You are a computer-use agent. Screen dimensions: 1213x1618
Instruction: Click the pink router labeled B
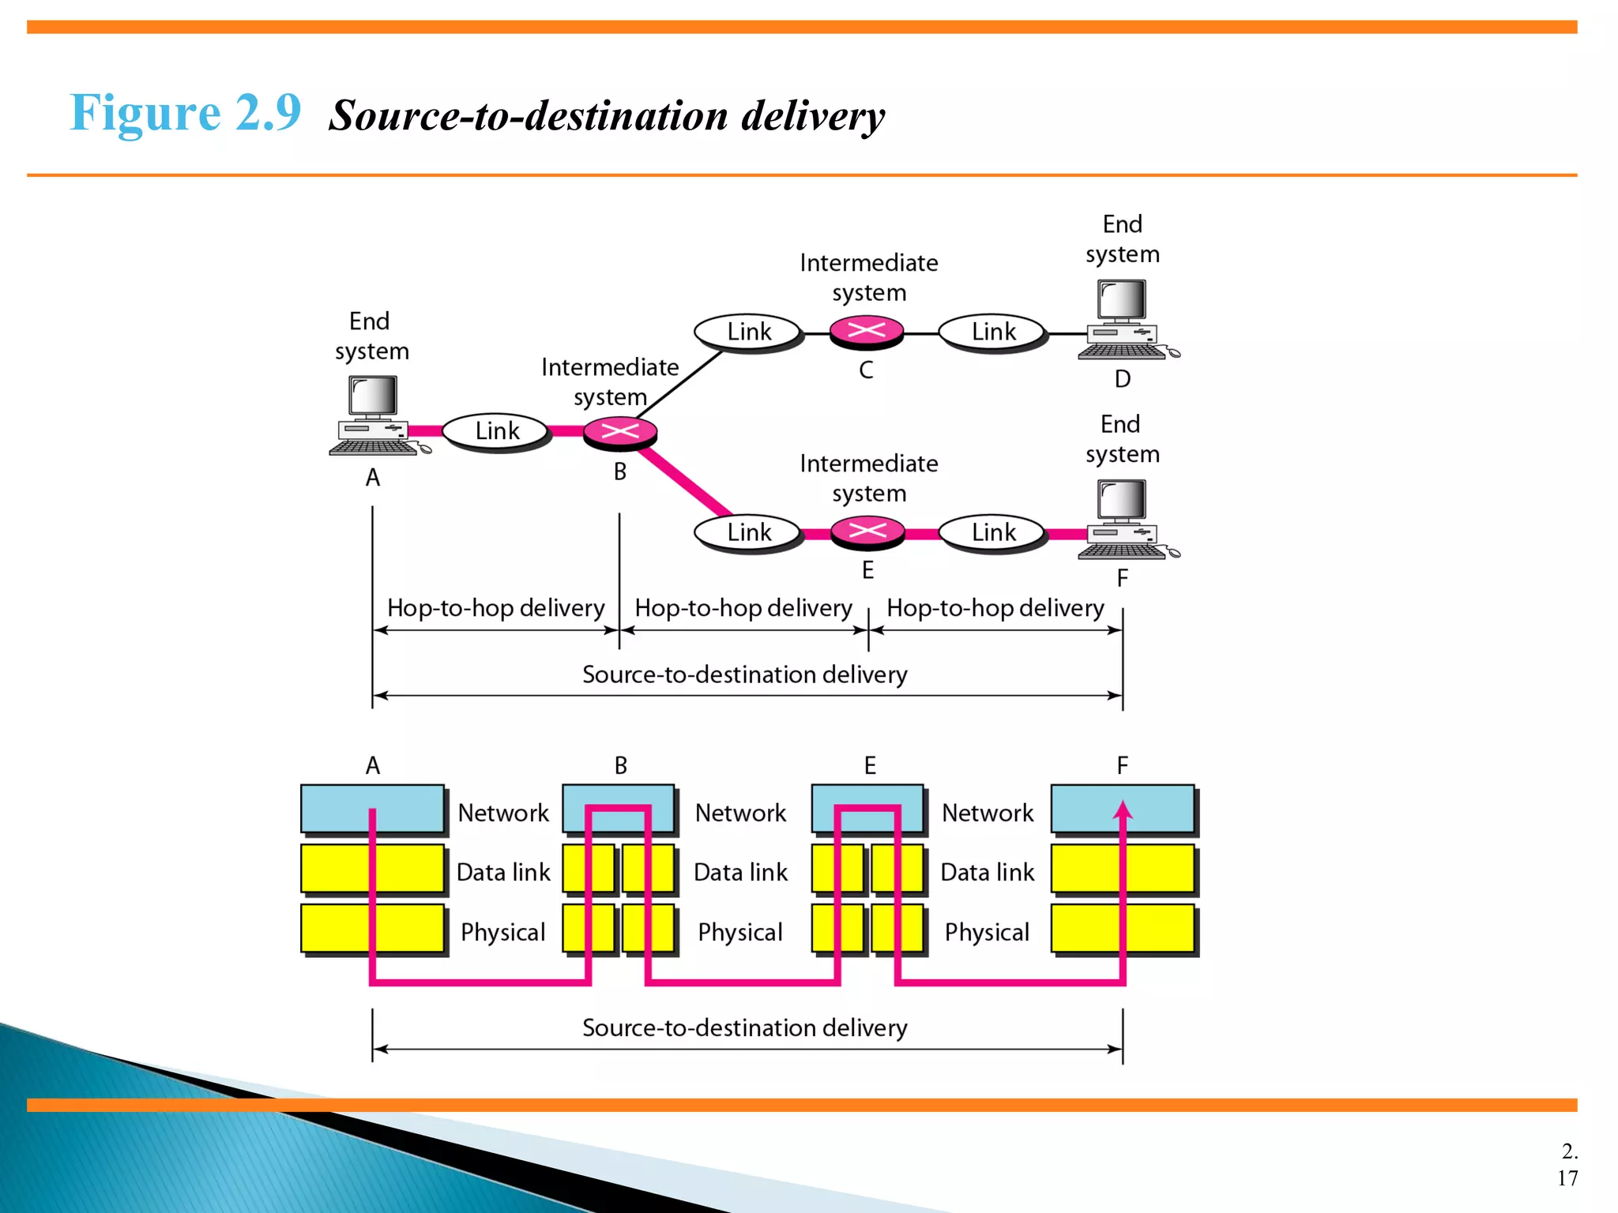point(620,432)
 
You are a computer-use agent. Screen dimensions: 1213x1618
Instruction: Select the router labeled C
point(867,332)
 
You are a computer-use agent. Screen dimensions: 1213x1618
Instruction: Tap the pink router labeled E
point(867,531)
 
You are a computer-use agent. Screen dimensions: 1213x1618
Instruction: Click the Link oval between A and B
point(497,431)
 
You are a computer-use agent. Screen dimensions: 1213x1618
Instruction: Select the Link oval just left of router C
point(748,332)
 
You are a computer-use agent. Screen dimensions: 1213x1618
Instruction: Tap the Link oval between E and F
point(993,532)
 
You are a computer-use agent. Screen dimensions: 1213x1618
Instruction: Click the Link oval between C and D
point(993,332)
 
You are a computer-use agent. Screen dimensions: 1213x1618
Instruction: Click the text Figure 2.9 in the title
point(186,112)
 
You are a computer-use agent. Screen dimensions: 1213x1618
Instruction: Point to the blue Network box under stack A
point(372,809)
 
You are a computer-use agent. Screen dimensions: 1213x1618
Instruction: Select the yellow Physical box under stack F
point(1123,929)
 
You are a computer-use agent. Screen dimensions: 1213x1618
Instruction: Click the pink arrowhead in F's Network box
point(1123,810)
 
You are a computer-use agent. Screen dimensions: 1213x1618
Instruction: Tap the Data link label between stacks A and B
point(503,872)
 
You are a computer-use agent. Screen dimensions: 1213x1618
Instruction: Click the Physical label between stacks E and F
point(987,932)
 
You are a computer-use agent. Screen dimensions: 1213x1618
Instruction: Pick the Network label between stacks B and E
point(740,813)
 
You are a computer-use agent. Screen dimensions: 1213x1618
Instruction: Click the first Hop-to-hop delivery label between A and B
point(495,608)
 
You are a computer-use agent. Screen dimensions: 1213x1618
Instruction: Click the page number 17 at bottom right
point(1567,1178)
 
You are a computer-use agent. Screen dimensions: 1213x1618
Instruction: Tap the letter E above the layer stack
point(870,765)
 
